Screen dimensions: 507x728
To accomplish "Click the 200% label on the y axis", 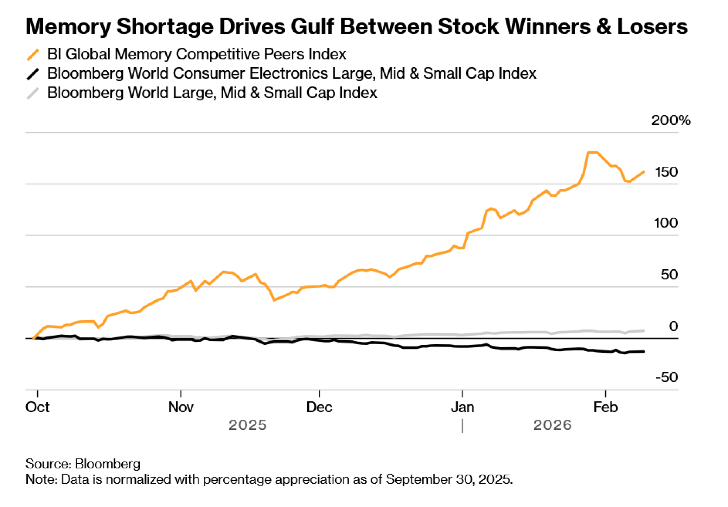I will pos(670,120).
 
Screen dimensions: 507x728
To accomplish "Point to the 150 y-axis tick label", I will pos(666,172).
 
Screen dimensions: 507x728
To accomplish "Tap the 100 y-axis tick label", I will pos(666,223).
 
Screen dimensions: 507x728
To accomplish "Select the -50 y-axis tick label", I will pos(667,377).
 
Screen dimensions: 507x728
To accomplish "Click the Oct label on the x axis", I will pos(37,407).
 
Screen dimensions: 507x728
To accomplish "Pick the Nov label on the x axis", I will pos(181,407).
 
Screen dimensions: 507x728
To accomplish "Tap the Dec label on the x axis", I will pos(319,407).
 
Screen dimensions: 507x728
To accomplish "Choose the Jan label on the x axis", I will pos(462,407).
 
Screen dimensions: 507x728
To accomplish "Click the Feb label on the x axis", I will pos(605,407).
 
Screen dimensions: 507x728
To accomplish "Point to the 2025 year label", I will pos(248,425).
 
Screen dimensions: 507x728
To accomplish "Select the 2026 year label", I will pos(553,425).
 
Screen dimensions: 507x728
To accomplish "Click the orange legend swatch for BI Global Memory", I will pos(33,55).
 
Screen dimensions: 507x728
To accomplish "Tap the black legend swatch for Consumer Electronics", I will pos(33,74).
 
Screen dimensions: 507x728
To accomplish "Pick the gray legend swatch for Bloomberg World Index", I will pos(33,93).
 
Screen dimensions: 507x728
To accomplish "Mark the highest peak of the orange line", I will pos(593,153).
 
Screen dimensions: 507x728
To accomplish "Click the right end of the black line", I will pos(644,351).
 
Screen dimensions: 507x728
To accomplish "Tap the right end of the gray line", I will pos(644,331).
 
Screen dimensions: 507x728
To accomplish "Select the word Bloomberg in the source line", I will pos(108,464).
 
